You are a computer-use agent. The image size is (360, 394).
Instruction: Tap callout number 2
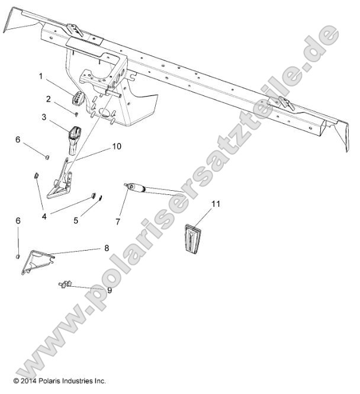(x=49, y=98)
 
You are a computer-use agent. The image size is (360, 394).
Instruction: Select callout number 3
(x=44, y=117)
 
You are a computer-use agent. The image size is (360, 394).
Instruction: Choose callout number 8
(x=107, y=249)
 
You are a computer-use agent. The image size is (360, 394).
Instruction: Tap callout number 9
(x=108, y=290)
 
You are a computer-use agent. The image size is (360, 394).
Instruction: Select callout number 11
(x=216, y=204)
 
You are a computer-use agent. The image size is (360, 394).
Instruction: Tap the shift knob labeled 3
(x=75, y=137)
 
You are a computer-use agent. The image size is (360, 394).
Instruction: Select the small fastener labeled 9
(x=66, y=285)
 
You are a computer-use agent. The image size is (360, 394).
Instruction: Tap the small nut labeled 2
(x=76, y=111)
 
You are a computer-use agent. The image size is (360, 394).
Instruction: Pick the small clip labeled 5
(x=99, y=198)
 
